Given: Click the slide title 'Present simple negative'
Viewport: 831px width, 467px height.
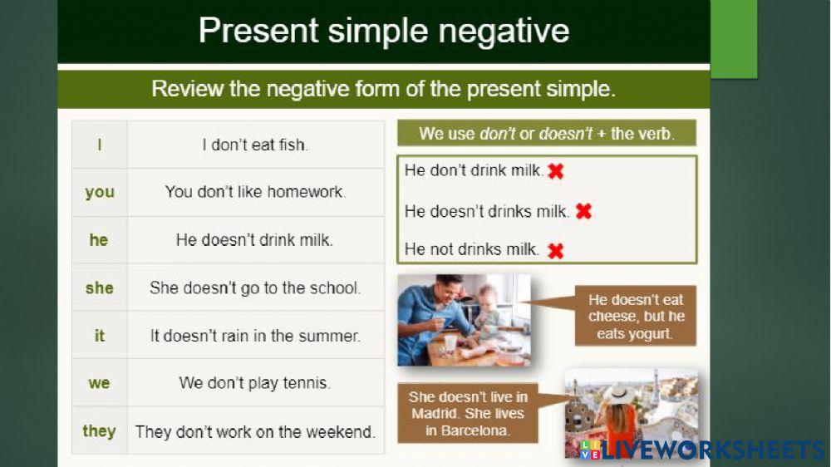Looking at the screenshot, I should (383, 31).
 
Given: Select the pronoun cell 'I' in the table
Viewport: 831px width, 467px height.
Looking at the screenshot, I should (99, 145).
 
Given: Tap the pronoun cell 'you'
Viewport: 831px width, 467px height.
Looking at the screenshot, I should (99, 192).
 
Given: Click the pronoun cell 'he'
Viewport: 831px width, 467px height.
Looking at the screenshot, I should (99, 240).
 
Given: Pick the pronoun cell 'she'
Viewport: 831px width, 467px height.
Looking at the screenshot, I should (99, 288).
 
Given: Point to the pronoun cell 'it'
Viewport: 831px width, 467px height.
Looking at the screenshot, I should (99, 336).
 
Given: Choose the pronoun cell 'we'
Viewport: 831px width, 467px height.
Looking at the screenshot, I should (99, 383).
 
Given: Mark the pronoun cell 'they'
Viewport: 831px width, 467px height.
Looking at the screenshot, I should (99, 430).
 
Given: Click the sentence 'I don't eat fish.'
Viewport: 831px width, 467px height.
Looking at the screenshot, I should (255, 145).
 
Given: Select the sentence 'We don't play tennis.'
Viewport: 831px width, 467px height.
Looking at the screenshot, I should (255, 383).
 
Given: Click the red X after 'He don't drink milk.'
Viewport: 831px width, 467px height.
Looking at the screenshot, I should (556, 171).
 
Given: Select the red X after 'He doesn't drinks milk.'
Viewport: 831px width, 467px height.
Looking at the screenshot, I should (583, 211).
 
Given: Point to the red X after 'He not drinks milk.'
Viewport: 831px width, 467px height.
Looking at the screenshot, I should (555, 250).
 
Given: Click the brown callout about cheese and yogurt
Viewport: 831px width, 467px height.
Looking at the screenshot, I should (636, 317).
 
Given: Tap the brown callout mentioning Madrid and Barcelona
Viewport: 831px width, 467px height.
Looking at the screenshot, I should (468, 414).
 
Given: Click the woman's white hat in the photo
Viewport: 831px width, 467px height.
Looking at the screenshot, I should (619, 393).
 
